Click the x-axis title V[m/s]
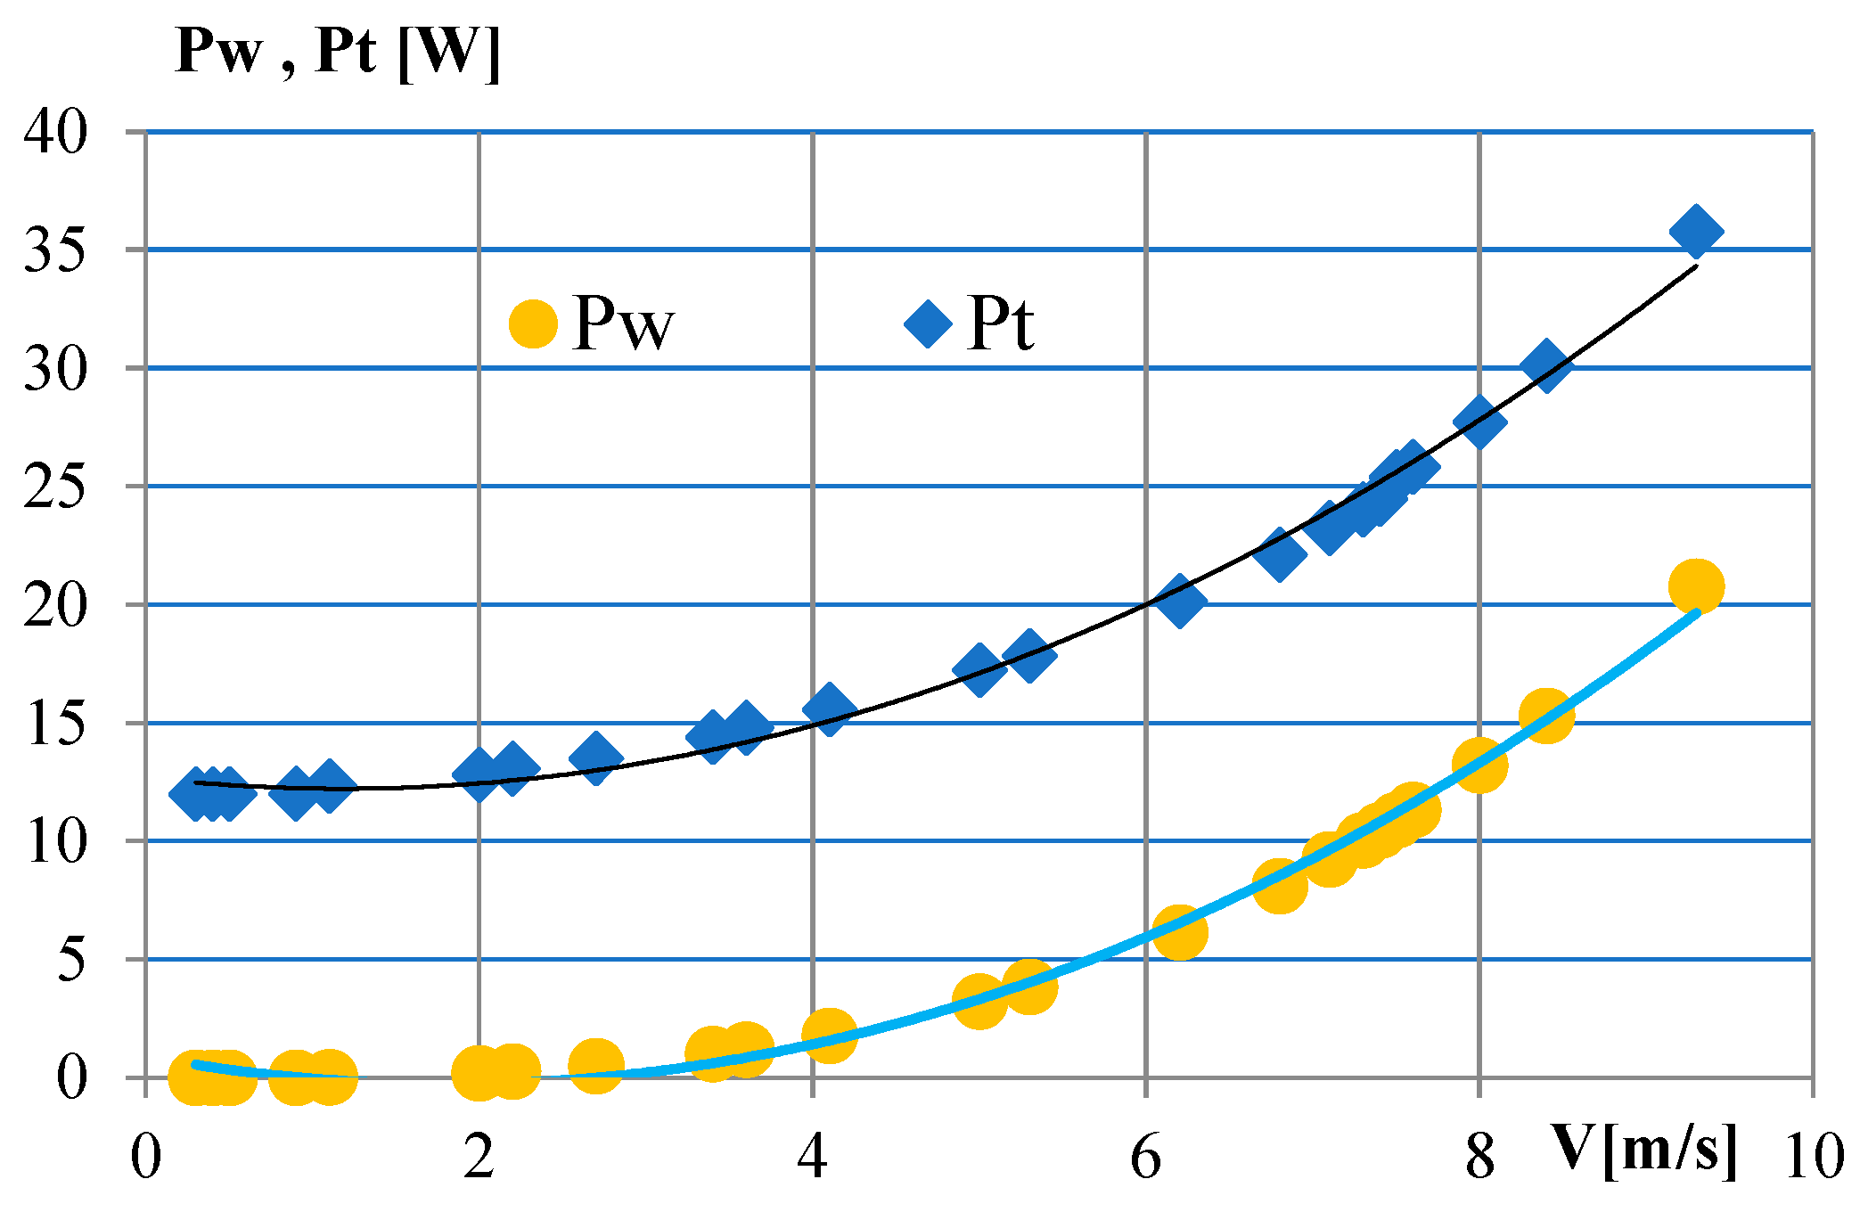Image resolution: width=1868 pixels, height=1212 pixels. pos(1644,1150)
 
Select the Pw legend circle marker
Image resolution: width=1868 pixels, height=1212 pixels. pos(533,323)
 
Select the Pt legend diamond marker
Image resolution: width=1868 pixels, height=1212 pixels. pos(928,323)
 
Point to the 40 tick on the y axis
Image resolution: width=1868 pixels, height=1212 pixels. pos(55,132)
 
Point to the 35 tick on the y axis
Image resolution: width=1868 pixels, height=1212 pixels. pos(55,250)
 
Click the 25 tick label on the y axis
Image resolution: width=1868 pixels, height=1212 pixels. pos(55,487)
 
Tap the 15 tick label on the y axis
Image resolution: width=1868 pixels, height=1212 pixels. pos(55,723)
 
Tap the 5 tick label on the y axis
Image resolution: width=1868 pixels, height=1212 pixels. pos(71,960)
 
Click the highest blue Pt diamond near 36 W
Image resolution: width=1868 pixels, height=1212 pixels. pos(1696,231)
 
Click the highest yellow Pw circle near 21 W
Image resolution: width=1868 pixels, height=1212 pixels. pos(1696,586)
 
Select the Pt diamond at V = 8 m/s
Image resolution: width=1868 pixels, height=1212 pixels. pos(1479,422)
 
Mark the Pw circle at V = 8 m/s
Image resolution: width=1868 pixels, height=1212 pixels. pos(1479,764)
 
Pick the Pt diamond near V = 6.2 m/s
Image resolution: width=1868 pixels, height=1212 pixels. pos(1179,601)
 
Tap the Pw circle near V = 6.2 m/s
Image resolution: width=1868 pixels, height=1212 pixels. pos(1179,932)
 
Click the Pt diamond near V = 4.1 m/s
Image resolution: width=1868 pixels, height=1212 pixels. pos(830,709)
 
